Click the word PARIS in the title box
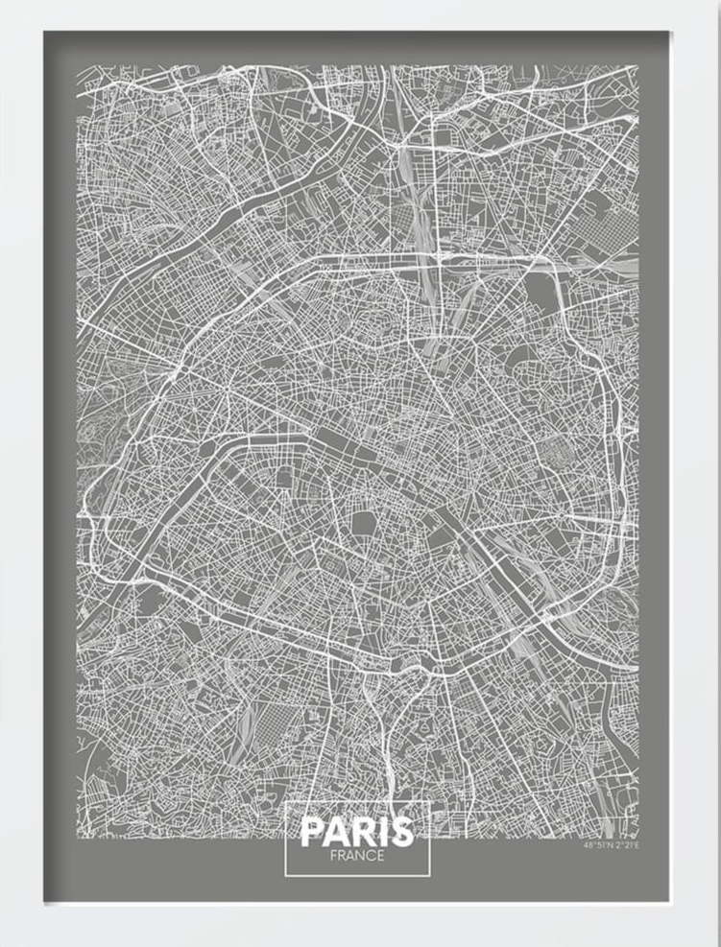pos(356,831)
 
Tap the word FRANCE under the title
pos(355,856)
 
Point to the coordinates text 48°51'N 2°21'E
pos(610,845)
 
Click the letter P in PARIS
pos(312,831)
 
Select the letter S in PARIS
pos(402,831)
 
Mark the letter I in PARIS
pos(382,831)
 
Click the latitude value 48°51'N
pos(595,845)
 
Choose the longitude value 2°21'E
pos(624,845)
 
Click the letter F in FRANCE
pos(330,856)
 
